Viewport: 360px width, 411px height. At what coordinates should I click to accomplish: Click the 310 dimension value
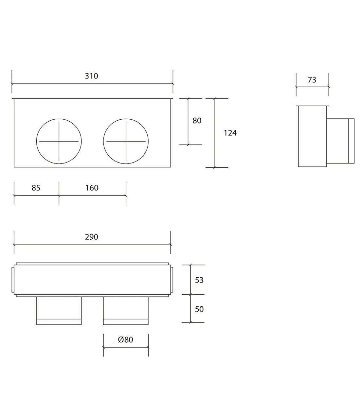coord(91,76)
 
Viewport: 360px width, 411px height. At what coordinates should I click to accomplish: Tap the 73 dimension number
coord(312,80)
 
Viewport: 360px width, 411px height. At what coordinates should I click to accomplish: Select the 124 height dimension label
coord(230,133)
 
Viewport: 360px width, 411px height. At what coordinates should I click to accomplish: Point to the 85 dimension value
coord(36,188)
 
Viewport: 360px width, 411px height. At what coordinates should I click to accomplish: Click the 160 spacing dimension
coord(92,188)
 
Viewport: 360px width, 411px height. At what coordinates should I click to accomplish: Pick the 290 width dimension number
coord(91,237)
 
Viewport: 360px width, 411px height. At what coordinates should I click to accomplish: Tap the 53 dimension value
coord(199,280)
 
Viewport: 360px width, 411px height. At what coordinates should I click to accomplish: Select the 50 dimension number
coord(199,309)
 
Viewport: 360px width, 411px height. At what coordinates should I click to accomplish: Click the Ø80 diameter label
coord(125,340)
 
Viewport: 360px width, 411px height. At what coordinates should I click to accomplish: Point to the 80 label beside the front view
coord(197,121)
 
